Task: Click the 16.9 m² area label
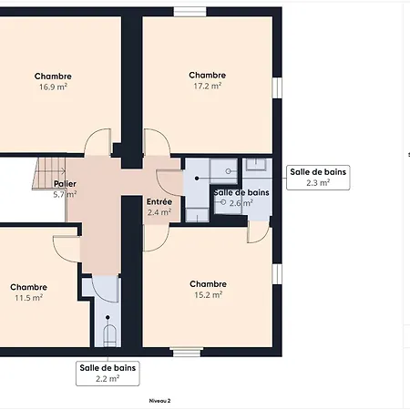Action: (x=53, y=87)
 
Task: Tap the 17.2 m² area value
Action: (x=208, y=86)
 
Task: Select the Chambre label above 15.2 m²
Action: (x=208, y=284)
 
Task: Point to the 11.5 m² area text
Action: (x=29, y=298)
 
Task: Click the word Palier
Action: (x=65, y=184)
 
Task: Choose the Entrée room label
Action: (x=159, y=201)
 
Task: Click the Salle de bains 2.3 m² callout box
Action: (x=318, y=178)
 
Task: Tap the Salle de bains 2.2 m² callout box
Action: (x=108, y=374)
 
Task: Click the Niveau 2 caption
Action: (x=159, y=401)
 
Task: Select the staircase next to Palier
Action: (x=49, y=173)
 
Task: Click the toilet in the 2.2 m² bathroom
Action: (x=109, y=335)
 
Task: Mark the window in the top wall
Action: (x=190, y=12)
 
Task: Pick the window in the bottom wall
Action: (x=186, y=352)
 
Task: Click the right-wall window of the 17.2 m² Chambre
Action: (x=277, y=87)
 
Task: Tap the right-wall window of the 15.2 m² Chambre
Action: (x=277, y=274)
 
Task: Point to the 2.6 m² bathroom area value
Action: (x=241, y=203)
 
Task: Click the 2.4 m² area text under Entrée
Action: (x=159, y=212)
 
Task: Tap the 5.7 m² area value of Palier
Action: (x=65, y=194)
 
